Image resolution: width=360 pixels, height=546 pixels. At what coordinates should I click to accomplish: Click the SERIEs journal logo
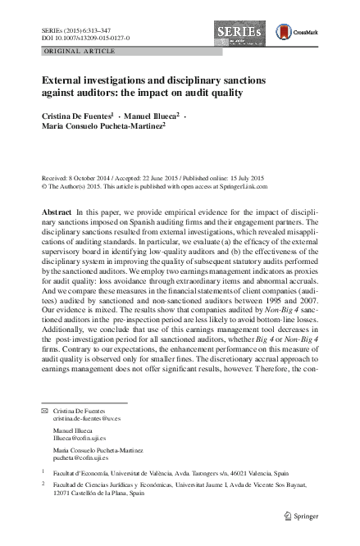[x=241, y=32]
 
